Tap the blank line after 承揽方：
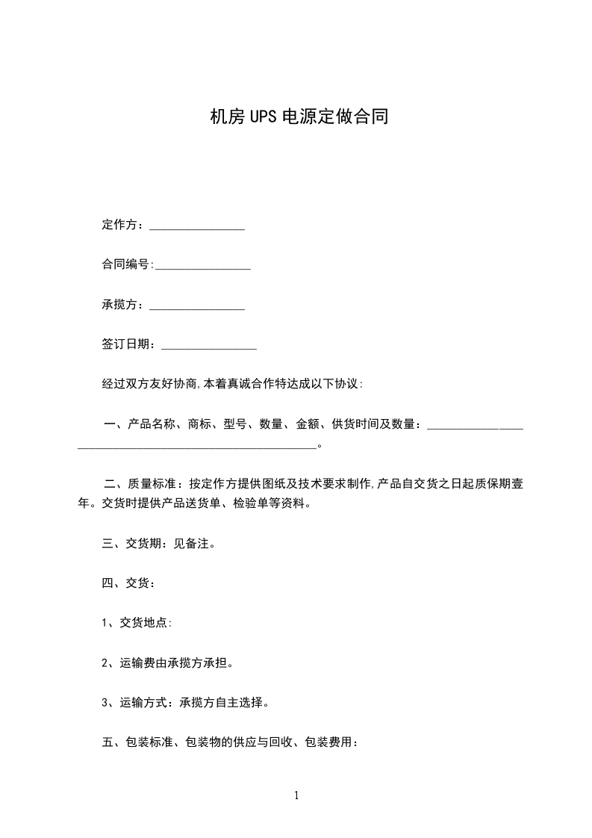coord(197,306)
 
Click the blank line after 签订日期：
coord(209,346)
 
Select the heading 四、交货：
coord(128,583)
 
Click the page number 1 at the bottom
coord(296,795)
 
